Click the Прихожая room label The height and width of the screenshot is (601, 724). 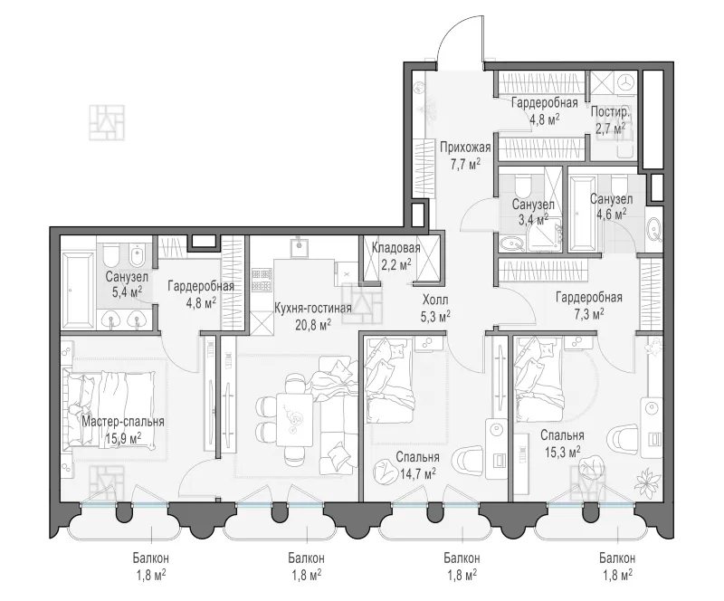coord(465,148)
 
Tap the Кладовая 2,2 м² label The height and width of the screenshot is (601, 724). coord(395,256)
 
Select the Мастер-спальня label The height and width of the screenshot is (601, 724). coord(123,422)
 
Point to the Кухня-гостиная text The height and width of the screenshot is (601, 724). coord(312,308)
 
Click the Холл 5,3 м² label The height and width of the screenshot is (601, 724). coord(435,308)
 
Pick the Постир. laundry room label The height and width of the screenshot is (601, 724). coord(610,112)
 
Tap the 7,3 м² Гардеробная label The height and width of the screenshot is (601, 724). coord(589,305)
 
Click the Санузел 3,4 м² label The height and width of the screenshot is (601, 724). coord(533,212)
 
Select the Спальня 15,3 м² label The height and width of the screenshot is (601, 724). coord(562,443)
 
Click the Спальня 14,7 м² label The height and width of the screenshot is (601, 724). coord(417,464)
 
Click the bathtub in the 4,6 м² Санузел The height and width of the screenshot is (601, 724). coord(583,213)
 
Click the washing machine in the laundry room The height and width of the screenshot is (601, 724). coord(625,83)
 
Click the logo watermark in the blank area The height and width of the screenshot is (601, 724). coord(107,122)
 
